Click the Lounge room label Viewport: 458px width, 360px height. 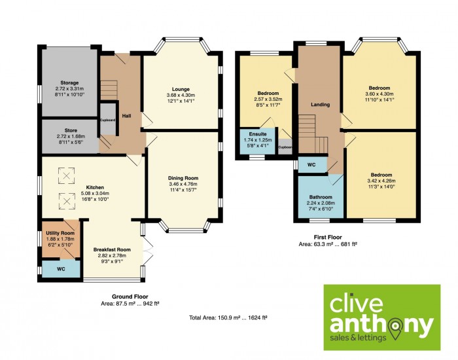click(x=181, y=89)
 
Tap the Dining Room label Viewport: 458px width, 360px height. click(x=183, y=178)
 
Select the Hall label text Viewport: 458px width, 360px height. click(x=126, y=116)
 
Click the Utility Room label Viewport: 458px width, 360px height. click(x=60, y=233)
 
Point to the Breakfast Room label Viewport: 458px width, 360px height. click(x=112, y=249)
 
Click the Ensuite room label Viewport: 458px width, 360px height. click(x=258, y=134)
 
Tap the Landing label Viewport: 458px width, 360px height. click(x=320, y=104)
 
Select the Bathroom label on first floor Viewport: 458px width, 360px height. click(x=321, y=197)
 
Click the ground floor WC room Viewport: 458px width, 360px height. click(x=61, y=269)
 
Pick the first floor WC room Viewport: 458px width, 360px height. click(x=312, y=165)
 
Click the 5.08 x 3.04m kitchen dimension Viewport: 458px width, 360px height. click(x=95, y=193)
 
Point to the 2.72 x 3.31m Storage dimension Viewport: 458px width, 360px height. click(x=69, y=88)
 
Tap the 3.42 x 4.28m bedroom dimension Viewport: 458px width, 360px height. click(x=381, y=181)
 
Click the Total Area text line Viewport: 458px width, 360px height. click(x=228, y=317)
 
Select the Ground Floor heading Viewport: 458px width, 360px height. click(x=130, y=297)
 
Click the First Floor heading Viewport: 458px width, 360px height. click(x=328, y=237)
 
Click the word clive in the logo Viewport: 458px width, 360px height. click(x=356, y=304)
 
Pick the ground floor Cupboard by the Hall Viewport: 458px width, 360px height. click(x=108, y=119)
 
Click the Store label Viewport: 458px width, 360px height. click(x=71, y=130)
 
